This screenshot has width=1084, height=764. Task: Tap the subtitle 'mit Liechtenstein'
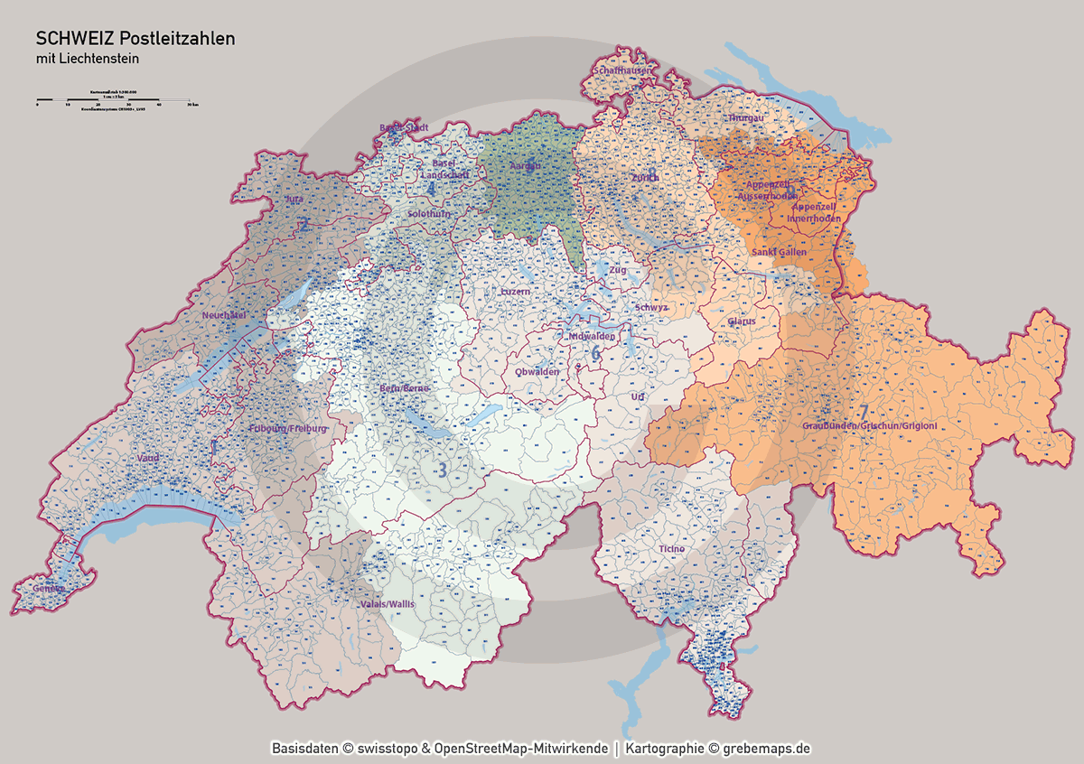pyautogui.click(x=87, y=59)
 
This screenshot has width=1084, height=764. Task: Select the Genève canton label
pyautogui.click(x=49, y=589)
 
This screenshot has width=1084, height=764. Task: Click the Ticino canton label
pyautogui.click(x=671, y=549)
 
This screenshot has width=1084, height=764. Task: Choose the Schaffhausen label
pyautogui.click(x=621, y=70)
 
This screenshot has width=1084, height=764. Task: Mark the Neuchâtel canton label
pyautogui.click(x=225, y=315)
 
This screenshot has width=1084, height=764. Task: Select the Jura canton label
pyautogui.click(x=294, y=199)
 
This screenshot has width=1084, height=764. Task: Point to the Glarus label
pyautogui.click(x=741, y=321)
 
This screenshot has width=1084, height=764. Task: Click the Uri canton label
pyautogui.click(x=638, y=396)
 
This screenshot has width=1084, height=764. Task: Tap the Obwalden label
pyautogui.click(x=537, y=371)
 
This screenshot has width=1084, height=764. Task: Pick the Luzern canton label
pyautogui.click(x=515, y=293)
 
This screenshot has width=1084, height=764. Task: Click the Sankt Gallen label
pyautogui.click(x=779, y=252)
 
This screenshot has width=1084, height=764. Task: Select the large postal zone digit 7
pyautogui.click(x=864, y=412)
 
